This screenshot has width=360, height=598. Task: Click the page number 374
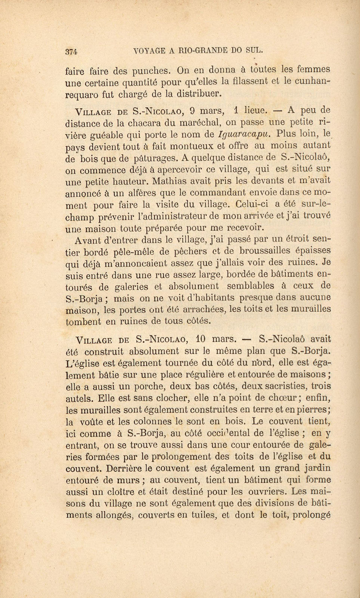[70, 52]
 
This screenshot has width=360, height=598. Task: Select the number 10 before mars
[200, 339]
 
